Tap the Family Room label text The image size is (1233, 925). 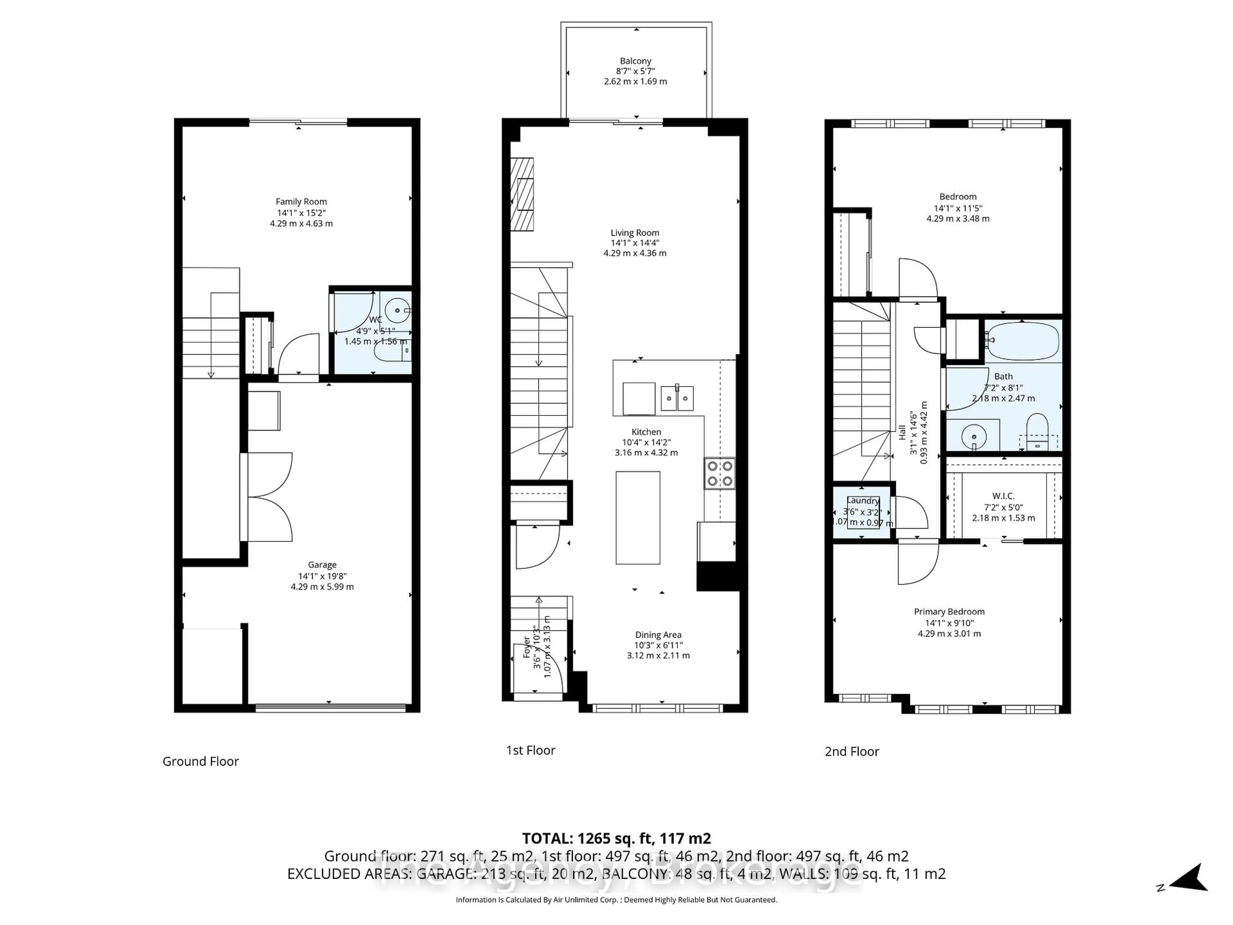(x=301, y=202)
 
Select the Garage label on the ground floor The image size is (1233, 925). (x=322, y=565)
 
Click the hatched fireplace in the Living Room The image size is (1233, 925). (x=522, y=194)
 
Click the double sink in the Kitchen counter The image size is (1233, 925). (x=677, y=398)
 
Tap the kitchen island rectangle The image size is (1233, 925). (x=638, y=517)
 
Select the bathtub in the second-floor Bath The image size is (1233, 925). (x=1022, y=341)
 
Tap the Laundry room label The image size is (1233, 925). (x=863, y=501)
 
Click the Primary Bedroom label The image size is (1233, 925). (x=949, y=612)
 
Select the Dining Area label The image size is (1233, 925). (x=658, y=635)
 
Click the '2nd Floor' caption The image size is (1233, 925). (x=852, y=752)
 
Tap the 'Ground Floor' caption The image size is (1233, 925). (x=201, y=762)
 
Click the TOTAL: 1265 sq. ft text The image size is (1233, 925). (x=616, y=838)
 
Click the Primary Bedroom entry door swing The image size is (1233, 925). (x=917, y=564)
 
